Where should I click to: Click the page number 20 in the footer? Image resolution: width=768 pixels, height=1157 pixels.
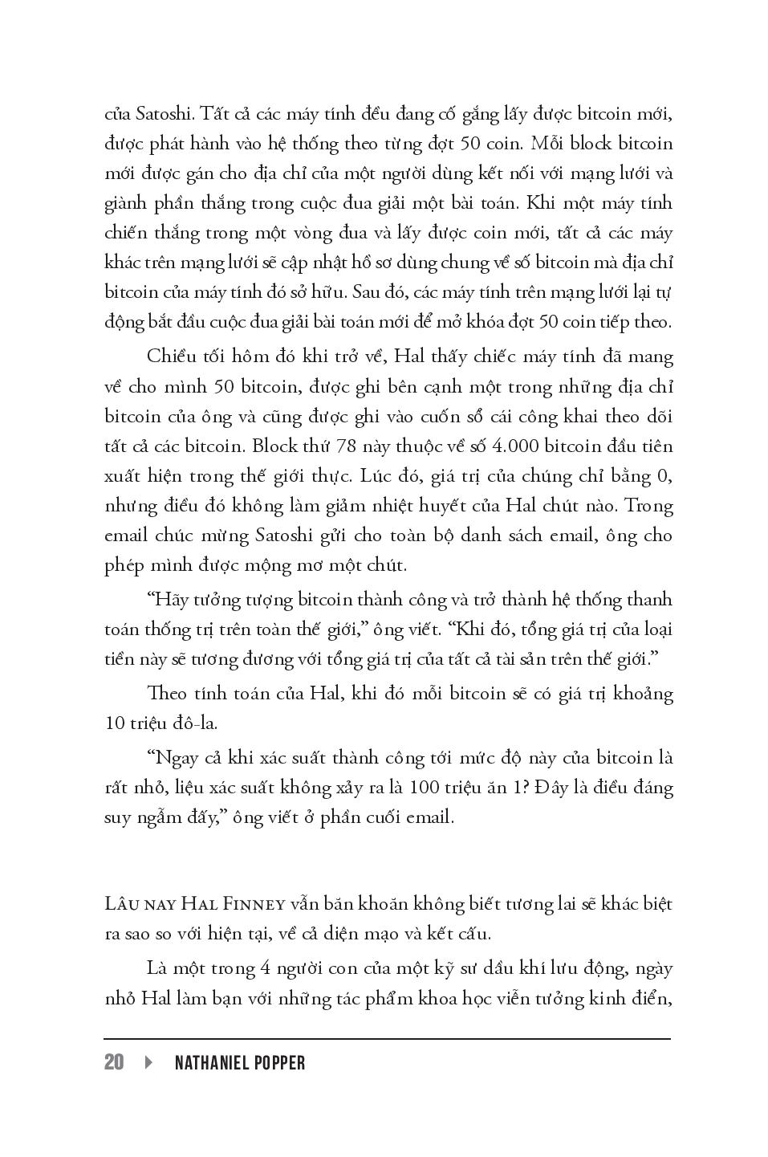point(114,1062)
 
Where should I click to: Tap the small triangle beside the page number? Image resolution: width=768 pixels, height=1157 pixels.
point(148,1062)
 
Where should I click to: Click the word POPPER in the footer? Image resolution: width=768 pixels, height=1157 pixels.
point(281,1062)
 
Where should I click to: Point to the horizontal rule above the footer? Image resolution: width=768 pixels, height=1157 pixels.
point(387,1039)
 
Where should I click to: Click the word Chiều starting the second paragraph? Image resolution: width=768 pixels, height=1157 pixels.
point(170,356)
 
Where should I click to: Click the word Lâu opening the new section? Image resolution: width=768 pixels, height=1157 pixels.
point(120,904)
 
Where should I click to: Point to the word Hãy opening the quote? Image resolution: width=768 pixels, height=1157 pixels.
point(168,600)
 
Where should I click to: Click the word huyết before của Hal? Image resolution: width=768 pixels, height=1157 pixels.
point(455,506)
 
